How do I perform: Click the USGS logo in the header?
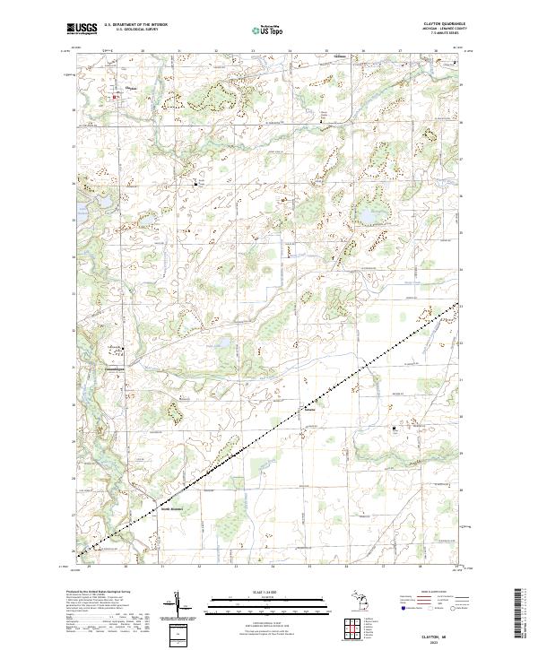tap(82, 29)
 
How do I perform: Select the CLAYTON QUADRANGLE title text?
tap(441, 24)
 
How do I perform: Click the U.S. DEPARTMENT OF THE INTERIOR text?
tap(135, 24)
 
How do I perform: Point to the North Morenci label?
tap(172, 509)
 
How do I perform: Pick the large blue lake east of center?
tap(368, 216)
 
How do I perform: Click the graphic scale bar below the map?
tap(268, 604)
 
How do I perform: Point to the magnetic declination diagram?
tap(178, 607)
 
